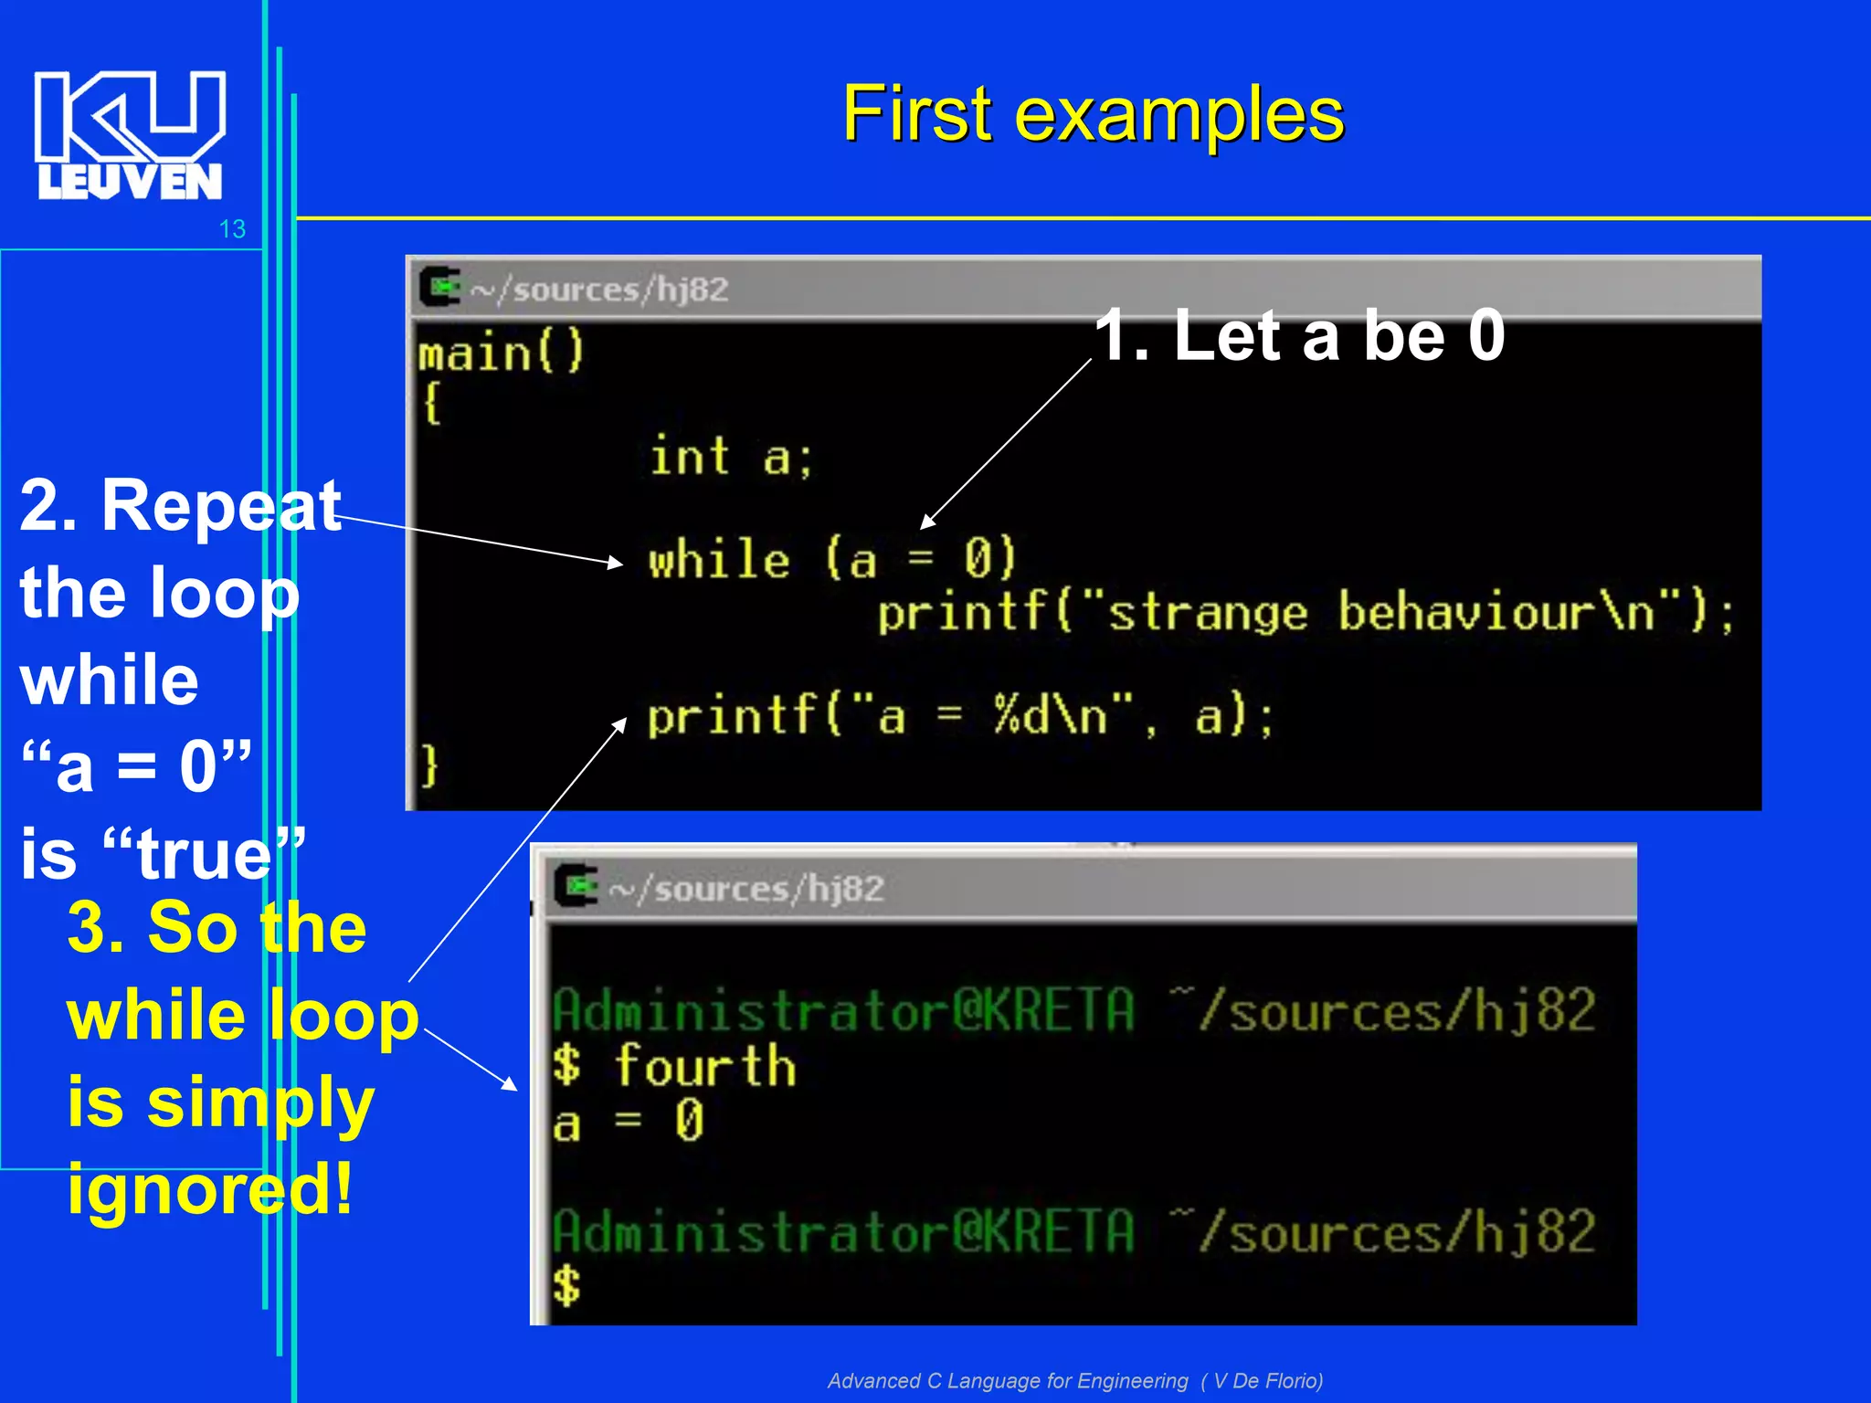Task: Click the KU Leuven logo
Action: [x=130, y=135]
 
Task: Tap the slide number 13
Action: [x=232, y=229]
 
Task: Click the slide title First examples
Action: [x=1093, y=114]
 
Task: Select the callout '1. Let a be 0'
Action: [x=1298, y=336]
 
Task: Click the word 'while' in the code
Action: [x=719, y=559]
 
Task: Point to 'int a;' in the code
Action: [x=730, y=457]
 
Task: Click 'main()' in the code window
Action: [x=501, y=353]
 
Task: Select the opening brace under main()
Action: [x=432, y=402]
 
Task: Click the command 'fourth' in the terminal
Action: [x=705, y=1066]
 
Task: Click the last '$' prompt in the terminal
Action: [x=566, y=1285]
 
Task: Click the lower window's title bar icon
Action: [x=576, y=886]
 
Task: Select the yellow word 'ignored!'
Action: [x=210, y=1188]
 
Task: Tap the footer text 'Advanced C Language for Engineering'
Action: [x=1008, y=1380]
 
